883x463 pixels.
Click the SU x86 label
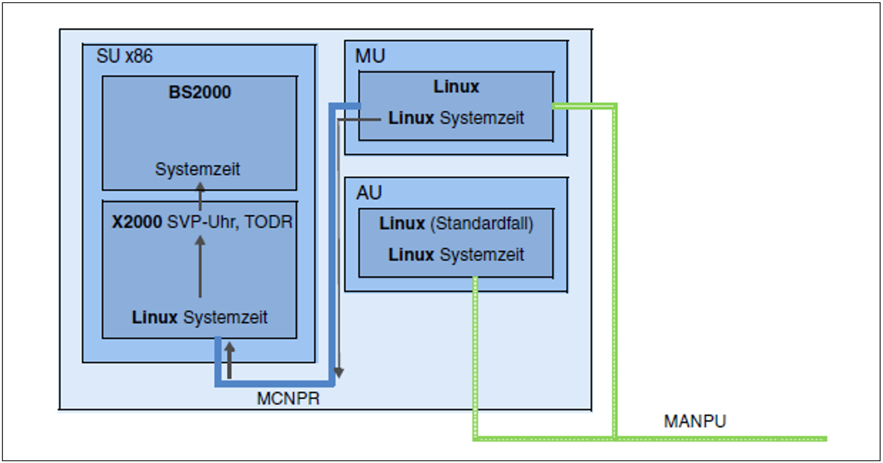(124, 56)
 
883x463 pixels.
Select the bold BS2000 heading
(199, 92)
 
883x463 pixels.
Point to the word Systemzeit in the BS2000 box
(197, 169)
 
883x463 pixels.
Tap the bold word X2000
(137, 222)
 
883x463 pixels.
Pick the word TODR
(268, 222)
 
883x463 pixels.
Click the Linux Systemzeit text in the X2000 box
(199, 317)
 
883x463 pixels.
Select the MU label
(370, 56)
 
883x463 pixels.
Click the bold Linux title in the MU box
(456, 86)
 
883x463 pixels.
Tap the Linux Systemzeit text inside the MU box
(456, 118)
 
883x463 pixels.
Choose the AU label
(369, 193)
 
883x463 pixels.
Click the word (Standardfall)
(482, 224)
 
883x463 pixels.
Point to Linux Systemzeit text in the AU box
(456, 254)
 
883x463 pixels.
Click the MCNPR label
(288, 399)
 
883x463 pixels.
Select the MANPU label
(695, 422)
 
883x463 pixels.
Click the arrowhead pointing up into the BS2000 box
(200, 187)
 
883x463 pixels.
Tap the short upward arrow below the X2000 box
(229, 360)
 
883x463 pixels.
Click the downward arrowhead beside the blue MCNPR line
(339, 372)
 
